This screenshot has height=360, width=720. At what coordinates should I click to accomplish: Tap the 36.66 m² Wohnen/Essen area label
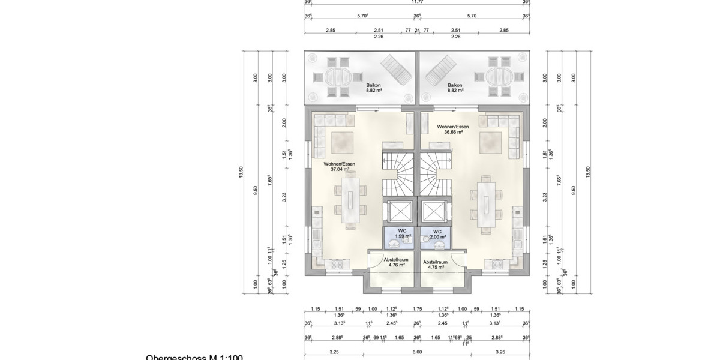tap(453, 130)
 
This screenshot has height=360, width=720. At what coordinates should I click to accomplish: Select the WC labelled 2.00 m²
tap(437, 234)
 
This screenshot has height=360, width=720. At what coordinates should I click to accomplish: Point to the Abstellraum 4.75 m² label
tap(436, 265)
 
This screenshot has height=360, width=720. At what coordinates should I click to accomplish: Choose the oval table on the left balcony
tap(338, 77)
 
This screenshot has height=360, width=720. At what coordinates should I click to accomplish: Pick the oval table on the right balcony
tap(497, 77)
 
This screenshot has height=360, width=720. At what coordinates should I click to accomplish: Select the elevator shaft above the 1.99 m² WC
tap(398, 212)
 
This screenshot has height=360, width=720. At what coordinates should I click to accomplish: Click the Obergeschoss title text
tap(194, 358)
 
